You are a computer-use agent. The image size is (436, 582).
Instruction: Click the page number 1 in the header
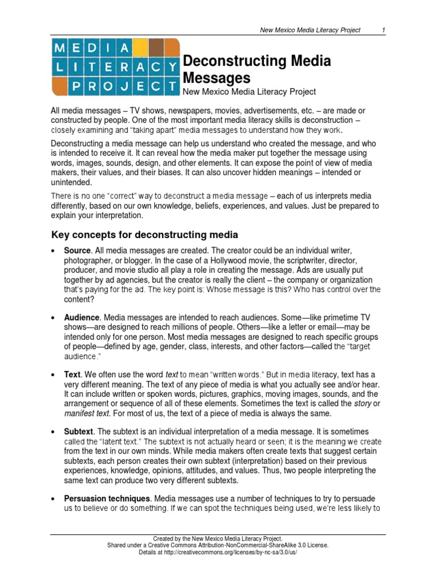[384, 30]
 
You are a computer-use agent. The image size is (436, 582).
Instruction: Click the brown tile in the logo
[157, 48]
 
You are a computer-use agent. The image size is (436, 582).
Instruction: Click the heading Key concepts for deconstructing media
[145, 235]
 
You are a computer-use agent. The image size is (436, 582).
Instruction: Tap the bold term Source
[77, 251]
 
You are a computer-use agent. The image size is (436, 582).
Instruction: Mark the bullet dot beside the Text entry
[53, 375]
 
